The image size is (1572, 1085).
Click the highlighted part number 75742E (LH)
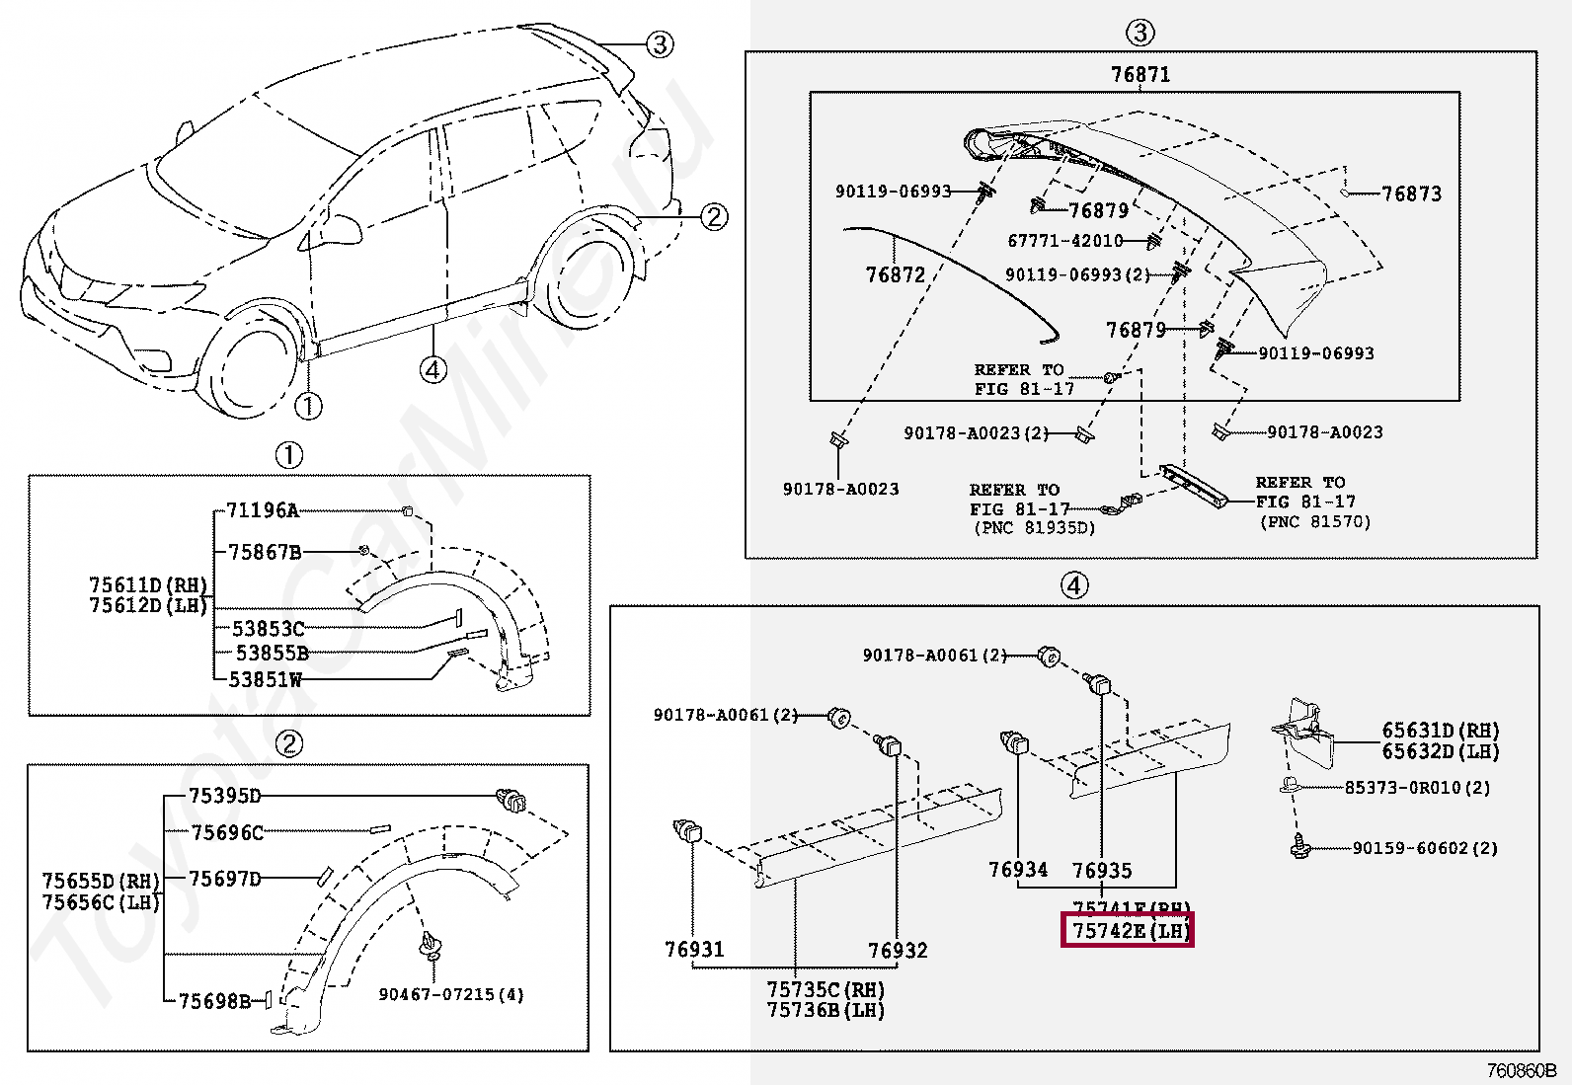point(1127,931)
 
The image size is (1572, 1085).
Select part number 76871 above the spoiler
point(1140,75)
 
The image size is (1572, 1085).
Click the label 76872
point(895,275)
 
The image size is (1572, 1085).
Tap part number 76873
point(1411,194)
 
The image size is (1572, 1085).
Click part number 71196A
point(262,510)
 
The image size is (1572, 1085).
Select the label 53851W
point(265,679)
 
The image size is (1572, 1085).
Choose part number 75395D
point(224,796)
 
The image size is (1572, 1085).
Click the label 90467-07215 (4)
point(451,994)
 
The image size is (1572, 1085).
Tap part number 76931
point(694,950)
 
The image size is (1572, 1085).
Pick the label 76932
point(898,951)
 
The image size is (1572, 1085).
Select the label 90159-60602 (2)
point(1425,848)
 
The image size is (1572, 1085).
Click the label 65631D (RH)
point(1440,732)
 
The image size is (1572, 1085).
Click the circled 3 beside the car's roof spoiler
point(660,43)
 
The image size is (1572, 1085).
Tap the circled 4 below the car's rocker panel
point(432,370)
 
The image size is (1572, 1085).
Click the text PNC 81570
point(1314,521)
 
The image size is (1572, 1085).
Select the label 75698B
point(213,1001)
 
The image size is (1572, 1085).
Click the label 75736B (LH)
point(825,1010)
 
